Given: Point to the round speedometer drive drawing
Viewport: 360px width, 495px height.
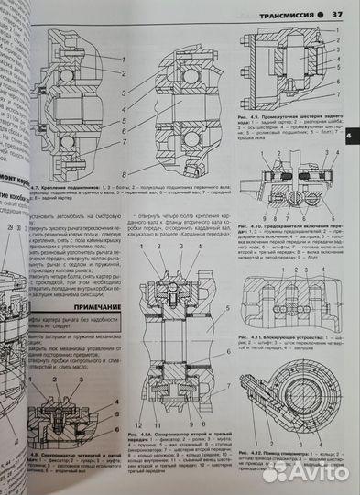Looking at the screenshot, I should (x=296, y=386).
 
